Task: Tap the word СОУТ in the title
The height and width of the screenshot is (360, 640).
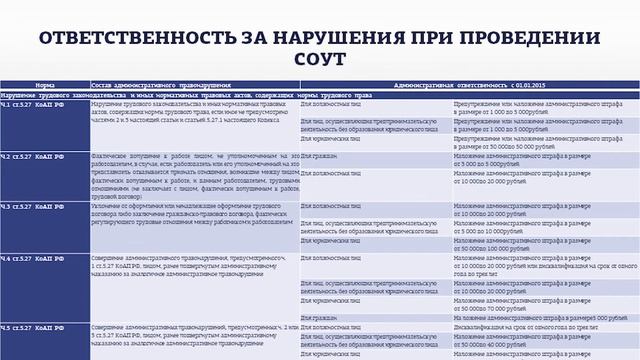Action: click(319, 61)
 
